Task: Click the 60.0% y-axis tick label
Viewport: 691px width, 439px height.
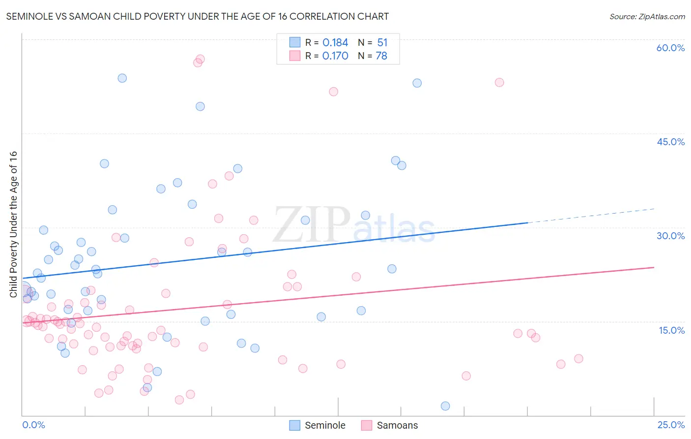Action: pyautogui.click(x=670, y=48)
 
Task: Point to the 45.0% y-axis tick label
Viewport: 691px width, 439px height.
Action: pyautogui.click(x=670, y=142)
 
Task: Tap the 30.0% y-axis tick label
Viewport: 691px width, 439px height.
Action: pyautogui.click(x=670, y=236)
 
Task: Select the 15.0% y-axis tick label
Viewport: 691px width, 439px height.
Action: pyautogui.click(x=671, y=330)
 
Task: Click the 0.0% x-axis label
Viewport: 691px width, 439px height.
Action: pyautogui.click(x=33, y=425)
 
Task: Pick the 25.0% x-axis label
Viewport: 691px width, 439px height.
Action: pyautogui.click(x=671, y=425)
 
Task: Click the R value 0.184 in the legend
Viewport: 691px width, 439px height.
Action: pyautogui.click(x=335, y=43)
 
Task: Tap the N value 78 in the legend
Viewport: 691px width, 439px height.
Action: pyautogui.click(x=381, y=56)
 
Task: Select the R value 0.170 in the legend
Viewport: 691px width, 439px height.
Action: pyautogui.click(x=335, y=56)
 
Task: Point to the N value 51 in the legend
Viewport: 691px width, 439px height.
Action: pyautogui.click(x=382, y=43)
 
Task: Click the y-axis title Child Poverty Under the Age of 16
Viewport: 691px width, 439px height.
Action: pyautogui.click(x=13, y=224)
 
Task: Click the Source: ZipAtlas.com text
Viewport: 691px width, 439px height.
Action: pyautogui.click(x=647, y=17)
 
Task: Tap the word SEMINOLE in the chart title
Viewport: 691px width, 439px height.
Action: pyautogui.click(x=30, y=17)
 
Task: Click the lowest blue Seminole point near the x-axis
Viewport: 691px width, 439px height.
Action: pyautogui.click(x=445, y=406)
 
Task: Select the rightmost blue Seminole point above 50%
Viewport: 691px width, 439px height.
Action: pyautogui.click(x=417, y=83)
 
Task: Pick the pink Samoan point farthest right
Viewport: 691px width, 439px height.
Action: pyautogui.click(x=578, y=359)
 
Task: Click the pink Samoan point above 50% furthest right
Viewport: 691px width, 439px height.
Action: pyautogui.click(x=499, y=83)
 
